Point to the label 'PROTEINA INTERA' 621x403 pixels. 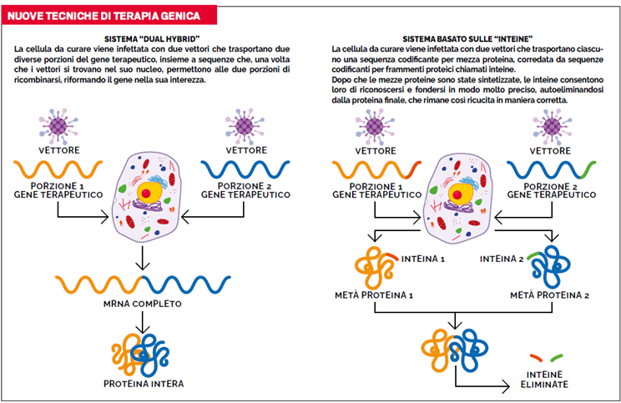click(x=144, y=384)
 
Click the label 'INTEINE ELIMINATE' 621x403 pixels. click(x=548, y=380)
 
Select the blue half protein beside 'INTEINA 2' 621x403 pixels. click(x=552, y=265)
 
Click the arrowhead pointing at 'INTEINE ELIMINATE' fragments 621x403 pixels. click(x=507, y=387)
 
